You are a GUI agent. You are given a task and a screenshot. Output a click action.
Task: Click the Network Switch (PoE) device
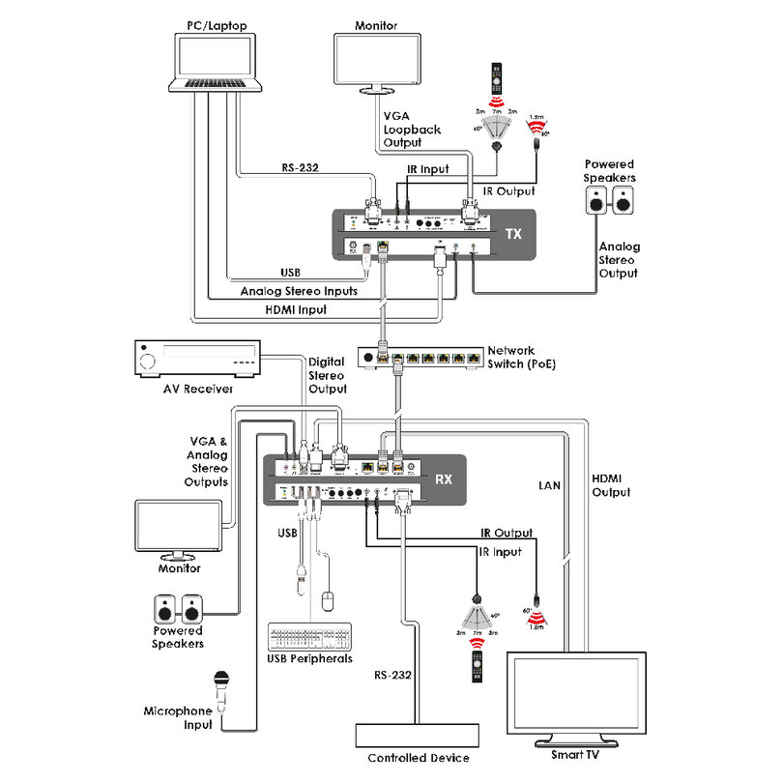click(420, 357)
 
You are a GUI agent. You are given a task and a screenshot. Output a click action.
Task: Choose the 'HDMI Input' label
click(296, 310)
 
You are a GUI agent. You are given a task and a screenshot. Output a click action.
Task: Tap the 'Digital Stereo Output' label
click(326, 376)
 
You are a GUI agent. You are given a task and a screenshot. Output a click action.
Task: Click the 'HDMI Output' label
click(610, 485)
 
